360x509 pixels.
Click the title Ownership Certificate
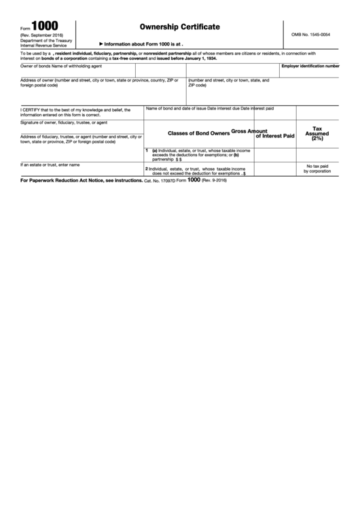(x=179, y=27)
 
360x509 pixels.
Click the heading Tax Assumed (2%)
(x=317, y=133)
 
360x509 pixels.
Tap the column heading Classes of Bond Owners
(x=198, y=133)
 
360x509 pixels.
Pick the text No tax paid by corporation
(x=317, y=169)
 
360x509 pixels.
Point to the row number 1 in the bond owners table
(x=147, y=150)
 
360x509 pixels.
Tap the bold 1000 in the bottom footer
(x=194, y=181)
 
